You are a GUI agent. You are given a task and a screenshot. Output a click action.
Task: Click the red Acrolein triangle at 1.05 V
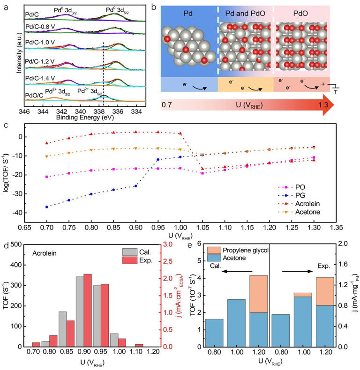tap(202, 169)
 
